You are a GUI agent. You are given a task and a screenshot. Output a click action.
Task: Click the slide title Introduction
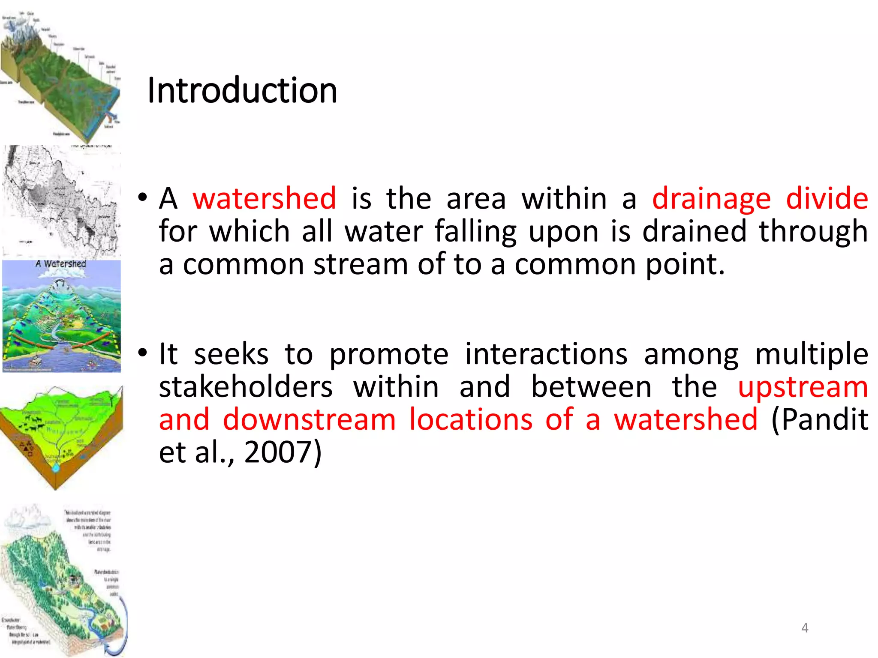(242, 91)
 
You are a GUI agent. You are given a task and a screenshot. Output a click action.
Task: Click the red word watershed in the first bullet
(264, 199)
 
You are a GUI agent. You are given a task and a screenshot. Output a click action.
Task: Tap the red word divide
(827, 199)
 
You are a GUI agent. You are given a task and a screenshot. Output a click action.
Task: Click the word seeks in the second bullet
(231, 354)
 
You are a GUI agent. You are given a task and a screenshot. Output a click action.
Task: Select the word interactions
(546, 354)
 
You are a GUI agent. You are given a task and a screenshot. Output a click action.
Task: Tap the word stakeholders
(246, 387)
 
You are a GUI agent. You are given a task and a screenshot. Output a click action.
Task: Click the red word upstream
(803, 388)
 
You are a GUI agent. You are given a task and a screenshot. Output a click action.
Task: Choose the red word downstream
(310, 419)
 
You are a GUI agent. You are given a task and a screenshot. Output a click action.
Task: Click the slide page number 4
(805, 628)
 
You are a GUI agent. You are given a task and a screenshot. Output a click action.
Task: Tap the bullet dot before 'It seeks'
(143, 353)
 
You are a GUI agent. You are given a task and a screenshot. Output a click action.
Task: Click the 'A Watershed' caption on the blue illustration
(61, 264)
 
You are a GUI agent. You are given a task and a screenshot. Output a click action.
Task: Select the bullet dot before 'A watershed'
(143, 197)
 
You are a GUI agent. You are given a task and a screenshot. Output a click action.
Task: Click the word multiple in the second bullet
(812, 355)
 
